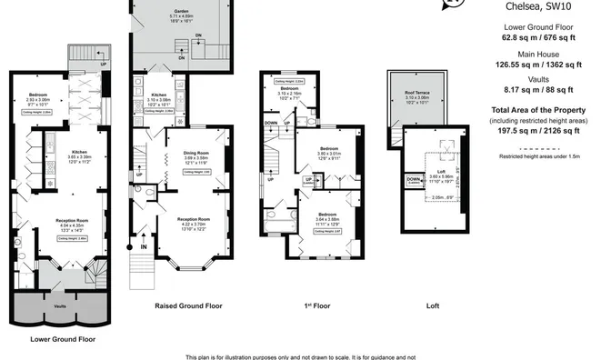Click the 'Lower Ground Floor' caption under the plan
coord(63,338)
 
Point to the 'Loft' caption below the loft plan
coord(433,305)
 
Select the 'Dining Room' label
coord(196,154)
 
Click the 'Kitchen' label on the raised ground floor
coord(159,94)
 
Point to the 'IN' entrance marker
coord(143,245)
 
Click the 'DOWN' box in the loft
coord(413,180)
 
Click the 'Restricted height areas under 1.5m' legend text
coord(544,155)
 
